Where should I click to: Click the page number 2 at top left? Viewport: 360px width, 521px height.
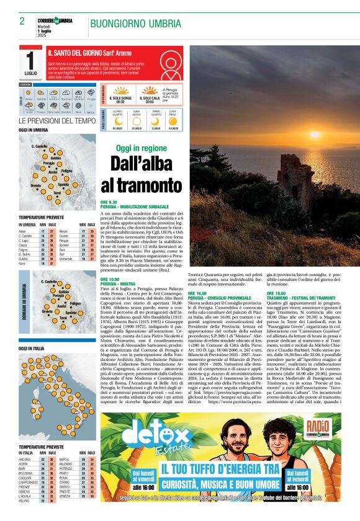[22, 21]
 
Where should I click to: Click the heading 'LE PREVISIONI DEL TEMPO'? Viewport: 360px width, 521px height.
[57, 121]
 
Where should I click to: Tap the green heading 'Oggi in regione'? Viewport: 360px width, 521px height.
[142, 149]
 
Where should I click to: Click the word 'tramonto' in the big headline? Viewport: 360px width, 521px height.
[141, 185]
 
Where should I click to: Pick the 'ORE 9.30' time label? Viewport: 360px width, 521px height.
[109, 202]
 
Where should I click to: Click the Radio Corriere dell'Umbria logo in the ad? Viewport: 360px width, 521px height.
[318, 430]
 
